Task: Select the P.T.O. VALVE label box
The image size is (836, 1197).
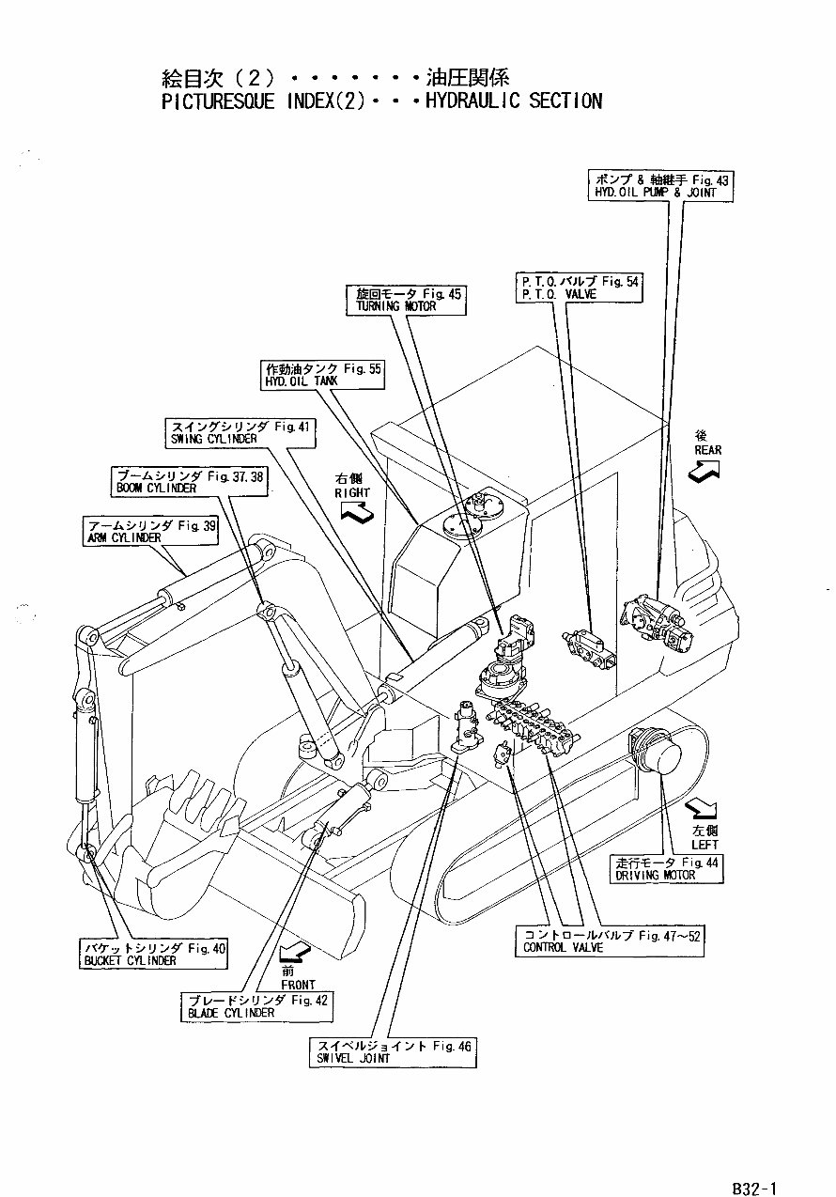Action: (x=579, y=287)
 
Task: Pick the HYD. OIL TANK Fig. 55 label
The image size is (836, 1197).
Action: (x=322, y=374)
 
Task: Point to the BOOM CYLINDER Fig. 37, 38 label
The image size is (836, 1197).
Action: (x=188, y=482)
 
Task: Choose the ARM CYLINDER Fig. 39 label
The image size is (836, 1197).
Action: (x=149, y=532)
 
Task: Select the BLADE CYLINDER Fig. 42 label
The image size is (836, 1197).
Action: (x=255, y=1006)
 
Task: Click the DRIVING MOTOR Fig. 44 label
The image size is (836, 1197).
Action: (x=667, y=868)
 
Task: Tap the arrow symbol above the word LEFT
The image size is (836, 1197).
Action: (x=698, y=808)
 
